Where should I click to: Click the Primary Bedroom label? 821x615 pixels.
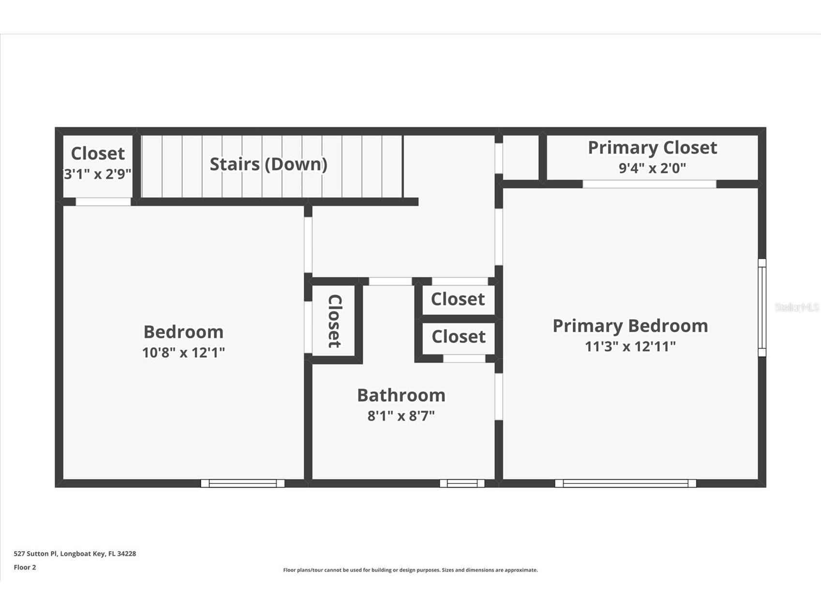click(x=630, y=326)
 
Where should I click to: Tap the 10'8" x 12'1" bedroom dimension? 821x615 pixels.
click(x=183, y=352)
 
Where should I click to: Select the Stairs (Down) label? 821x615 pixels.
click(x=269, y=164)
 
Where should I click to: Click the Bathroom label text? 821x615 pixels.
click(x=401, y=395)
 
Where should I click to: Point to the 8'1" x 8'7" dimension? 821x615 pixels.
click(x=401, y=416)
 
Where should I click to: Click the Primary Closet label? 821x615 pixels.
click(x=652, y=147)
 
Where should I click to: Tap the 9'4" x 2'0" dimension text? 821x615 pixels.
click(x=652, y=168)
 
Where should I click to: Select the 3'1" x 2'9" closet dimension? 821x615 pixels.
click(x=98, y=174)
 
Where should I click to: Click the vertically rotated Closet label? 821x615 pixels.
click(x=335, y=321)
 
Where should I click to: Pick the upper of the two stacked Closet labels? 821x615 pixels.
click(x=458, y=299)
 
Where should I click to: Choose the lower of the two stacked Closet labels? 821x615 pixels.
click(x=458, y=337)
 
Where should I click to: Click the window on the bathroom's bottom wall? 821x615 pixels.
click(x=462, y=483)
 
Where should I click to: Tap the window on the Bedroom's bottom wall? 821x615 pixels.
click(x=242, y=483)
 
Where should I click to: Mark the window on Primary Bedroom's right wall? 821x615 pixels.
click(x=761, y=307)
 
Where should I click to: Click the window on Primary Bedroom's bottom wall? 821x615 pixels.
click(x=626, y=483)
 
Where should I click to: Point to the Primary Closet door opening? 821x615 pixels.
click(x=649, y=184)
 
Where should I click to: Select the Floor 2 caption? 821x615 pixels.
click(x=25, y=567)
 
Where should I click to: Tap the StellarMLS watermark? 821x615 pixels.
click(x=796, y=307)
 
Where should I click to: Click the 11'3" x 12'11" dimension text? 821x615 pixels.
click(x=630, y=347)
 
